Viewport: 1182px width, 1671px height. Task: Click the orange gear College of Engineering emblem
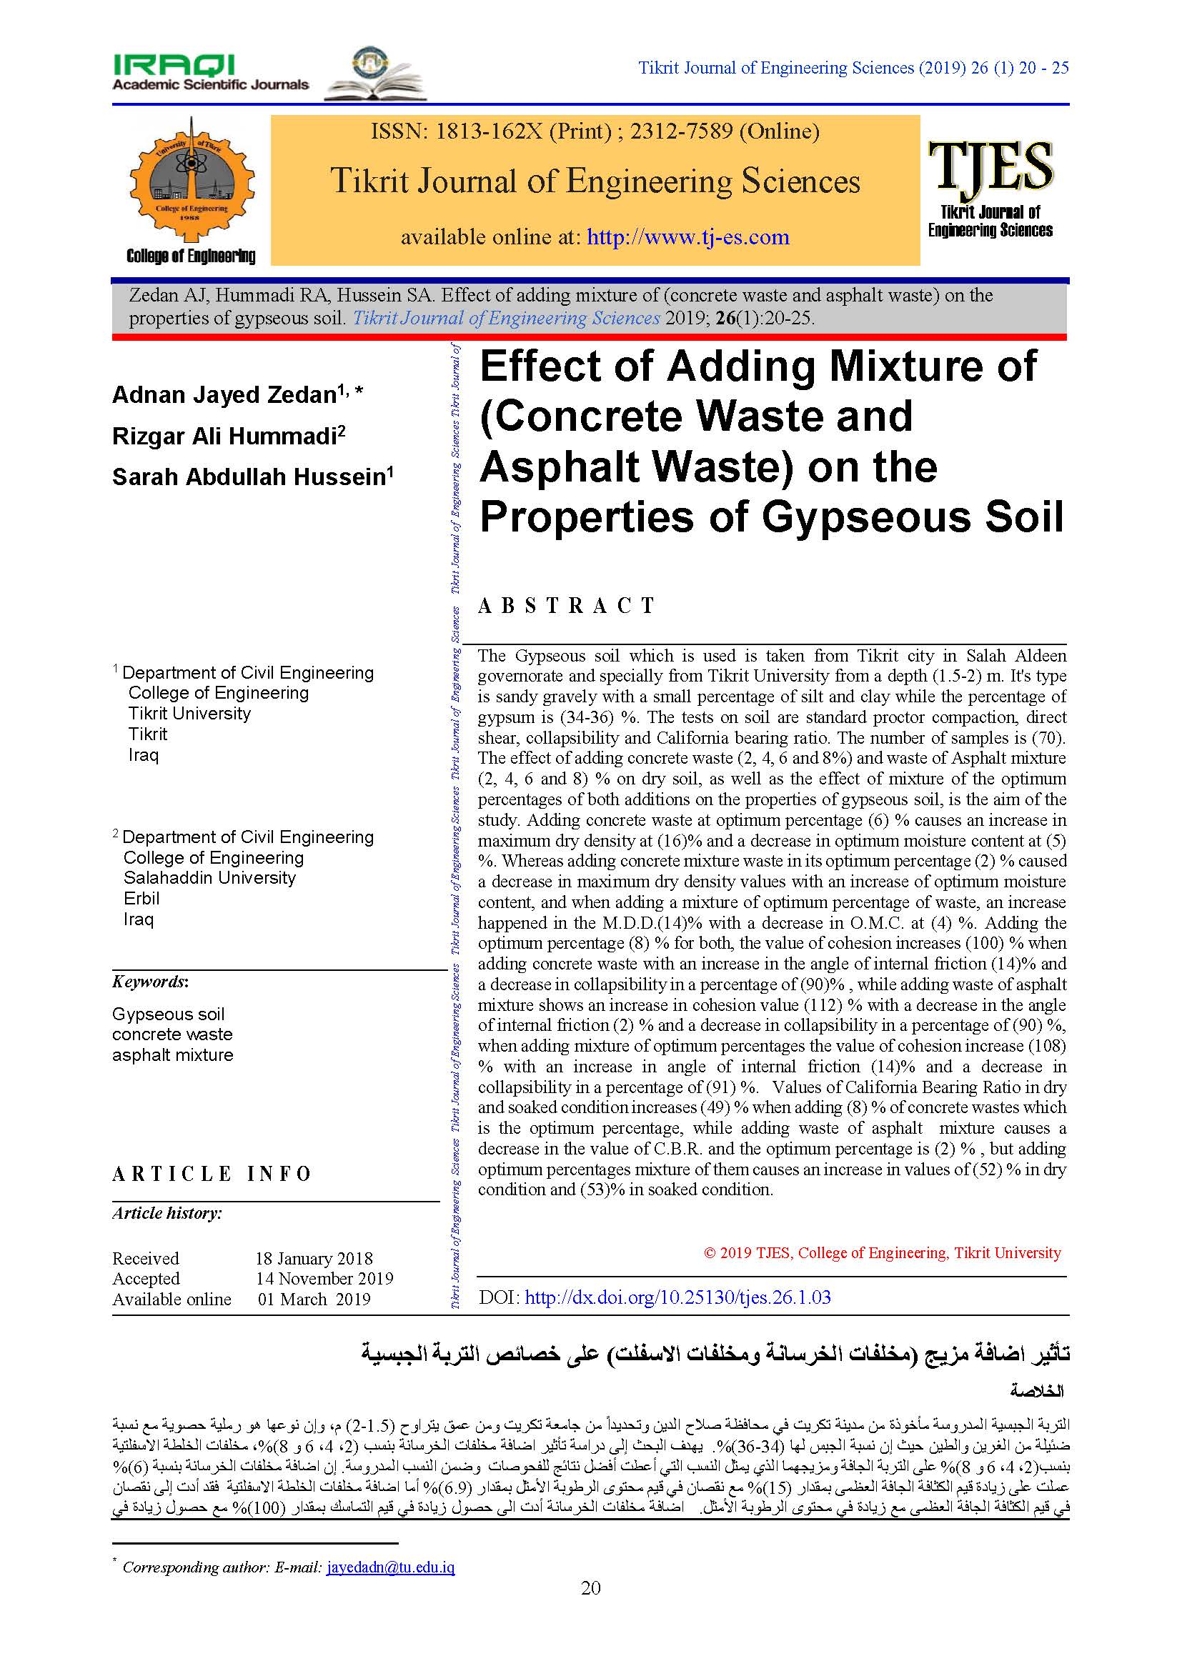(192, 181)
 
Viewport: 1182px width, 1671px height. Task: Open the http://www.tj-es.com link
(687, 237)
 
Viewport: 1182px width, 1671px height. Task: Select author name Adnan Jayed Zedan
(224, 395)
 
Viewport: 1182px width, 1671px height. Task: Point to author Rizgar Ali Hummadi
(224, 437)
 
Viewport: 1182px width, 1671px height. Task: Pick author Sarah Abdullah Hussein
(248, 477)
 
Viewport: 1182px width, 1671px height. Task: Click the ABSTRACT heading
(567, 606)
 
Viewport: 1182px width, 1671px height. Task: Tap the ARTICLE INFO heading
(212, 1174)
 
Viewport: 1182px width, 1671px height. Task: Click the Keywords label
(150, 982)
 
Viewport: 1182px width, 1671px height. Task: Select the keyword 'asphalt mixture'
(172, 1054)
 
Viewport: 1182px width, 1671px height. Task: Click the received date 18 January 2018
(314, 1258)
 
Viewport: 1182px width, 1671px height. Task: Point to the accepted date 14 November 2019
(324, 1279)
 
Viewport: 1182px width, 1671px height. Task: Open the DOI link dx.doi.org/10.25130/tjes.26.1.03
(677, 1297)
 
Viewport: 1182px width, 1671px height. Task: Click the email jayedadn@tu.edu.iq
(391, 1567)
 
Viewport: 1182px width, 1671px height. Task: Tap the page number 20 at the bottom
(590, 1588)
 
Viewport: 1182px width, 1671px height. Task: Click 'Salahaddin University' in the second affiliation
(209, 878)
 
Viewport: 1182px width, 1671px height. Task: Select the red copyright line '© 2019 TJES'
(882, 1252)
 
